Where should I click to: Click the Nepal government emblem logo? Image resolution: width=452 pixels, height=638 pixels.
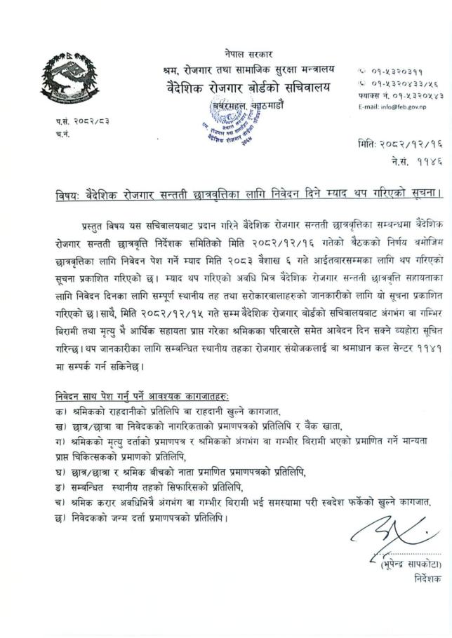[x=68, y=80]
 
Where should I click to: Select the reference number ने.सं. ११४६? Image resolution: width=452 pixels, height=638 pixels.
[x=414, y=161]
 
